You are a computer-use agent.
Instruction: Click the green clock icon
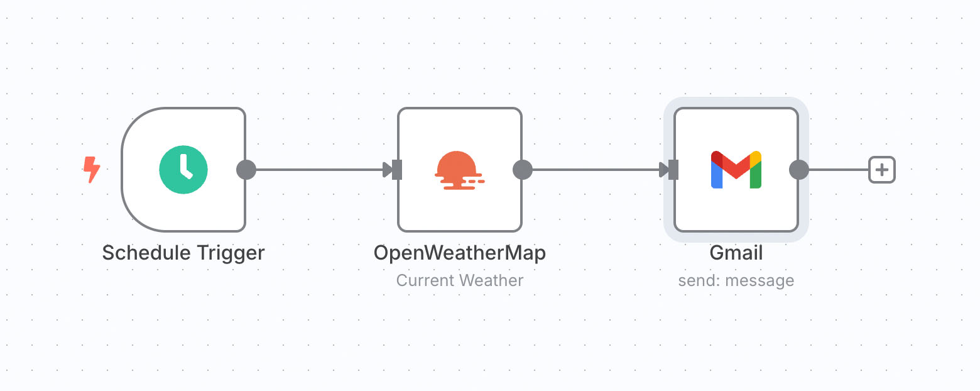183,170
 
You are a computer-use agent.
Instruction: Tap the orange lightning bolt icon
92,170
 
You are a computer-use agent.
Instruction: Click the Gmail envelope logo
736,170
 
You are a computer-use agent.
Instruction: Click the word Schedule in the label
146,253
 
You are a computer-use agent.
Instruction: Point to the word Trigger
231,253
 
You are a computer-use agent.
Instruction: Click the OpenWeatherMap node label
459,253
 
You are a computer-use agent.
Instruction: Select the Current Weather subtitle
459,280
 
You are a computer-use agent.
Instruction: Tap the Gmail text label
736,253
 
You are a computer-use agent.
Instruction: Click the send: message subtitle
736,280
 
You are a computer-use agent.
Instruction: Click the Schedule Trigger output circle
246,170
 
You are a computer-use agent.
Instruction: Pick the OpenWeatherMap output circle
523,170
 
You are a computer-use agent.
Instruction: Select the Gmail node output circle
799,170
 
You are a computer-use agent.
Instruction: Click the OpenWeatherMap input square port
397,170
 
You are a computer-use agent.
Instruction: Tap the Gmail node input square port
673,170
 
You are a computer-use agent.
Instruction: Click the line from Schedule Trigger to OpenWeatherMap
319,170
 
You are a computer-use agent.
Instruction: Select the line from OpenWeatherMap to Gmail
596,170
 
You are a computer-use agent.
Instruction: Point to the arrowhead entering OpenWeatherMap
388,170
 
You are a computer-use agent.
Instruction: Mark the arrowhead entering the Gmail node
664,170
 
